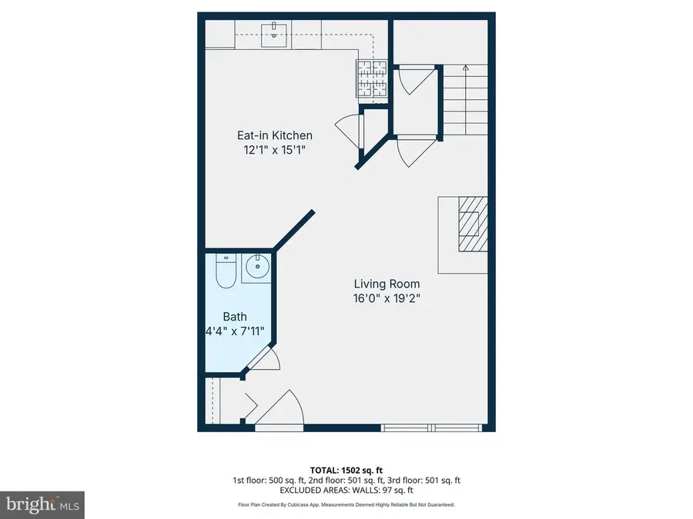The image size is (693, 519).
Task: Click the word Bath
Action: [x=235, y=317]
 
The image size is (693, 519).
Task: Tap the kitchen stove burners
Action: [x=372, y=79]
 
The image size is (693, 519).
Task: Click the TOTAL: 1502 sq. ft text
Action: [x=346, y=469]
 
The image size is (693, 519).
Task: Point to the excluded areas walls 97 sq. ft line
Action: [x=346, y=490]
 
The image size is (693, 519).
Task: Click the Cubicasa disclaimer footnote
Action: [x=346, y=505]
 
